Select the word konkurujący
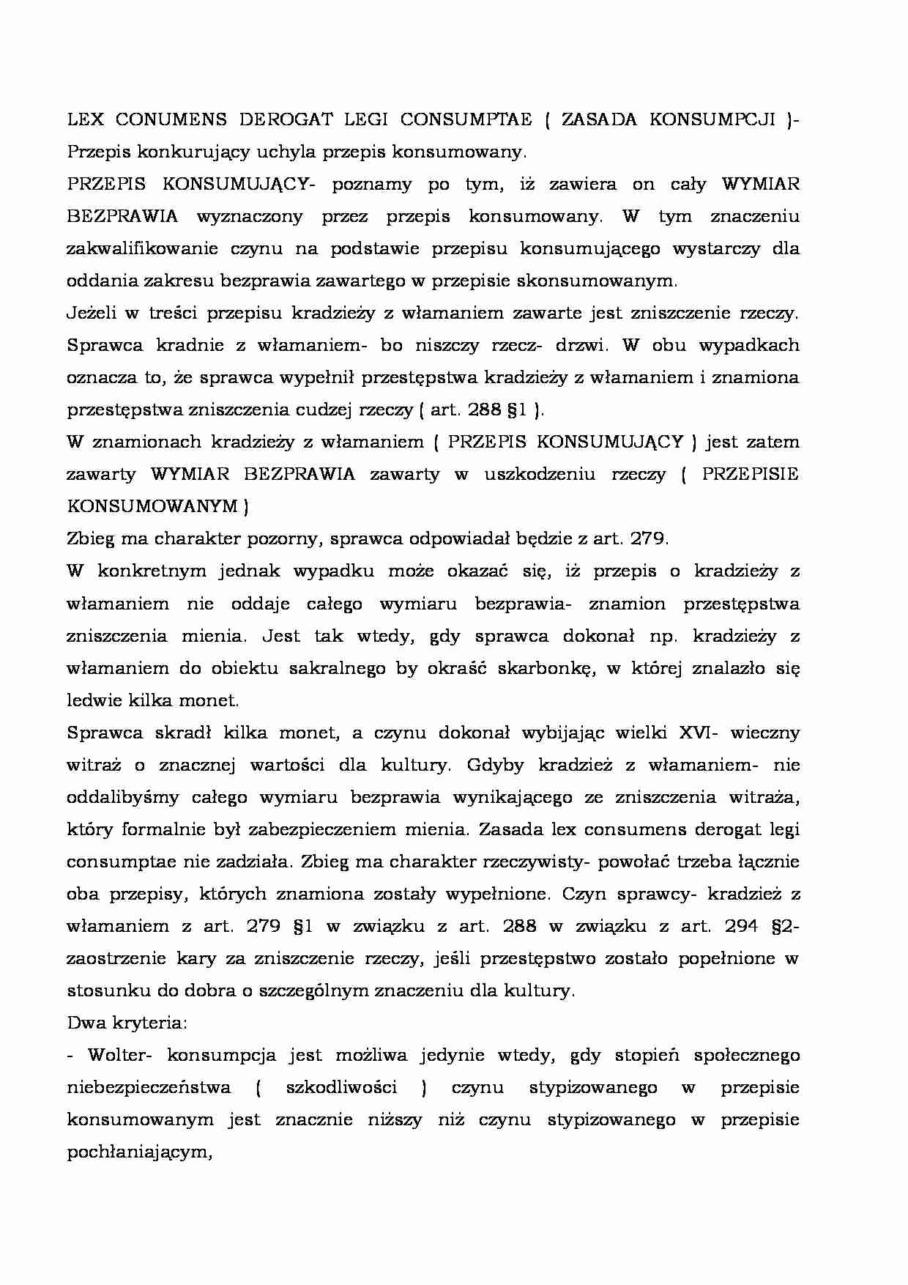[x=192, y=152]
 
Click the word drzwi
[x=578, y=345]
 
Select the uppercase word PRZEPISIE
[x=750, y=474]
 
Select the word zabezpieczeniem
[x=359, y=829]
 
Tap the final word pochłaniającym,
[x=139, y=1152]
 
